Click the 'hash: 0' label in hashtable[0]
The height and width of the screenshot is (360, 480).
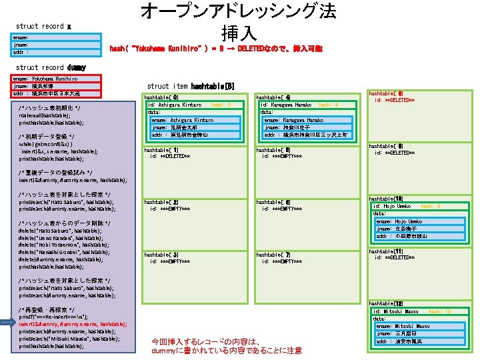[221, 105]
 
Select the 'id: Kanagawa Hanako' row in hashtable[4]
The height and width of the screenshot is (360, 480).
[287, 105]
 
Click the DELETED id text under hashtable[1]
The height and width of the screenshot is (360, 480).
[170, 156]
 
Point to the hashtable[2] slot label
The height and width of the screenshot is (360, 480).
[161, 202]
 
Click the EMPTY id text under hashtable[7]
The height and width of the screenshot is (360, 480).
[282, 261]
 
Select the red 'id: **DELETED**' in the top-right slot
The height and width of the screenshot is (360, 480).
[395, 100]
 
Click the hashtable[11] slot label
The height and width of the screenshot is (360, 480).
[386, 251]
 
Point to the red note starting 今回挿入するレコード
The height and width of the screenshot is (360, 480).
[227, 345]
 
